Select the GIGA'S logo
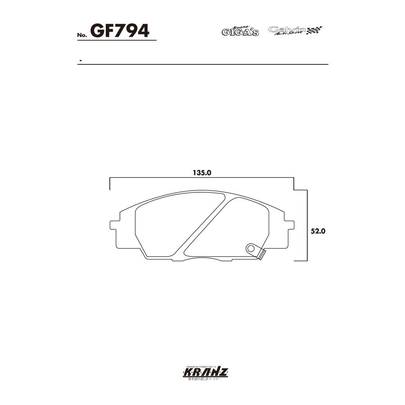[240, 31]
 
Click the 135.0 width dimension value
[202, 172]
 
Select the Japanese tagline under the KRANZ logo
[202, 380]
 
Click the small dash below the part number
[80, 60]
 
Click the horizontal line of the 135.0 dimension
[202, 178]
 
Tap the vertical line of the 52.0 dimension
[307, 225]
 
